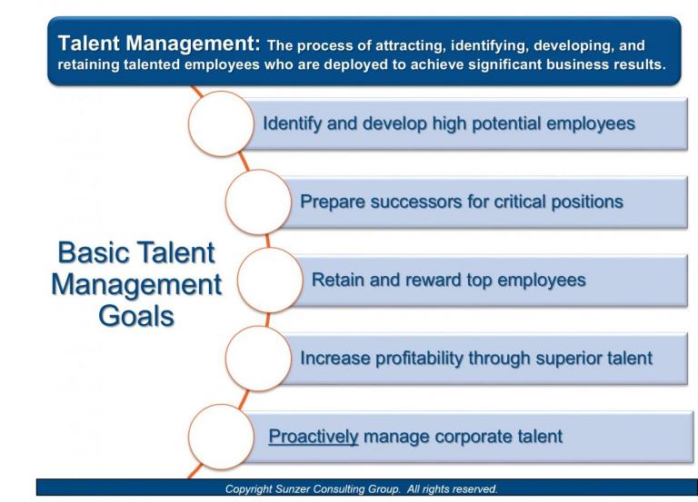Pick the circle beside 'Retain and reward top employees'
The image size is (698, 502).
(270, 281)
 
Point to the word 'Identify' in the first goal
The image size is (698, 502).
(290, 123)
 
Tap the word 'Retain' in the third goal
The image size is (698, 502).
(337, 281)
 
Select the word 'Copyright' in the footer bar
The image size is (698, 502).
(270, 487)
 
